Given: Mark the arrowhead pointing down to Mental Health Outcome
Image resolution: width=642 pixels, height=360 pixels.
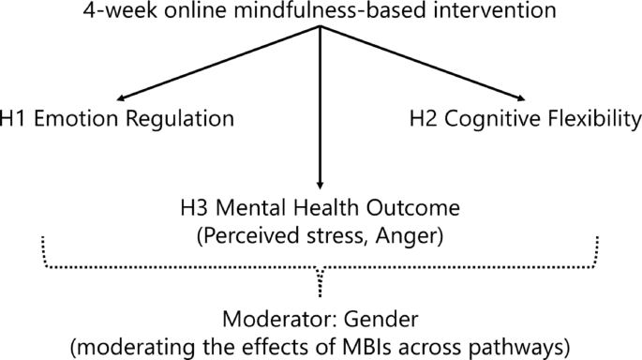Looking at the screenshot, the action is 321,186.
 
